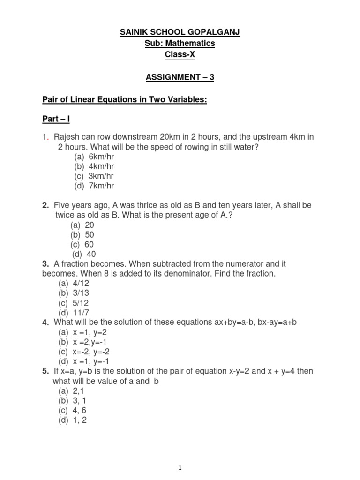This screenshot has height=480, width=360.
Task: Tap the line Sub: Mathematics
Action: (180, 43)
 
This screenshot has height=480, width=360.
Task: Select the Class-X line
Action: (180, 55)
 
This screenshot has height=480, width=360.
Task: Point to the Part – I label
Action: (56, 120)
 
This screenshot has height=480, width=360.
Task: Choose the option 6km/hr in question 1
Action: (101, 157)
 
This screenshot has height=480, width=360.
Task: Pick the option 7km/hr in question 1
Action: (101, 186)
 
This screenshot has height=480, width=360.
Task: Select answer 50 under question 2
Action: (90, 234)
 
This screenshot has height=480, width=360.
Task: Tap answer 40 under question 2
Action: (91, 254)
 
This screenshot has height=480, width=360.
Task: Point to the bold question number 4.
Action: (45, 322)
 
